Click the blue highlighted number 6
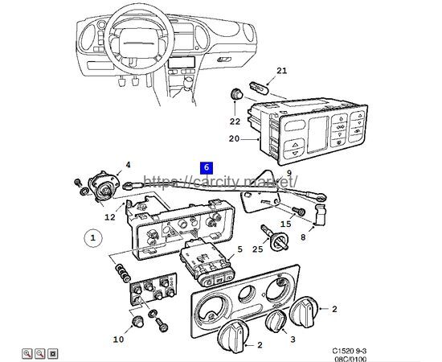(207, 167)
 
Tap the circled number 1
(92, 238)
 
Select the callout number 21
(281, 72)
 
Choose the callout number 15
(284, 224)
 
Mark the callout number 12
(109, 216)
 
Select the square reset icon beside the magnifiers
(54, 352)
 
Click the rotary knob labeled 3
(276, 322)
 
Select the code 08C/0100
(351, 360)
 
